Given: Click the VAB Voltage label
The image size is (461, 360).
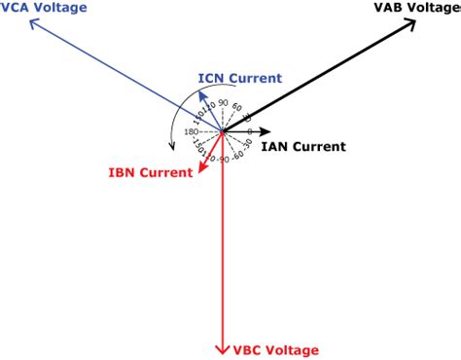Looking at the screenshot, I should coord(416,9).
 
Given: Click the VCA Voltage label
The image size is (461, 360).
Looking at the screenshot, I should coord(43,9).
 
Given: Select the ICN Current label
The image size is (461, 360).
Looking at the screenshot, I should coord(239,78).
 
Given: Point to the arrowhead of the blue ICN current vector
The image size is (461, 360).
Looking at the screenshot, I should coord(201,94).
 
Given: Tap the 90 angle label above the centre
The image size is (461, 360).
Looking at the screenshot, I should coord(223,103).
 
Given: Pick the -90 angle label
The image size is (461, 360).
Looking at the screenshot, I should coord(222,159).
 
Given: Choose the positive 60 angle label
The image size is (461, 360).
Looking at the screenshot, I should coord(237,107).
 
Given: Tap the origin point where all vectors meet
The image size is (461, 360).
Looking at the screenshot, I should coord(223,131).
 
